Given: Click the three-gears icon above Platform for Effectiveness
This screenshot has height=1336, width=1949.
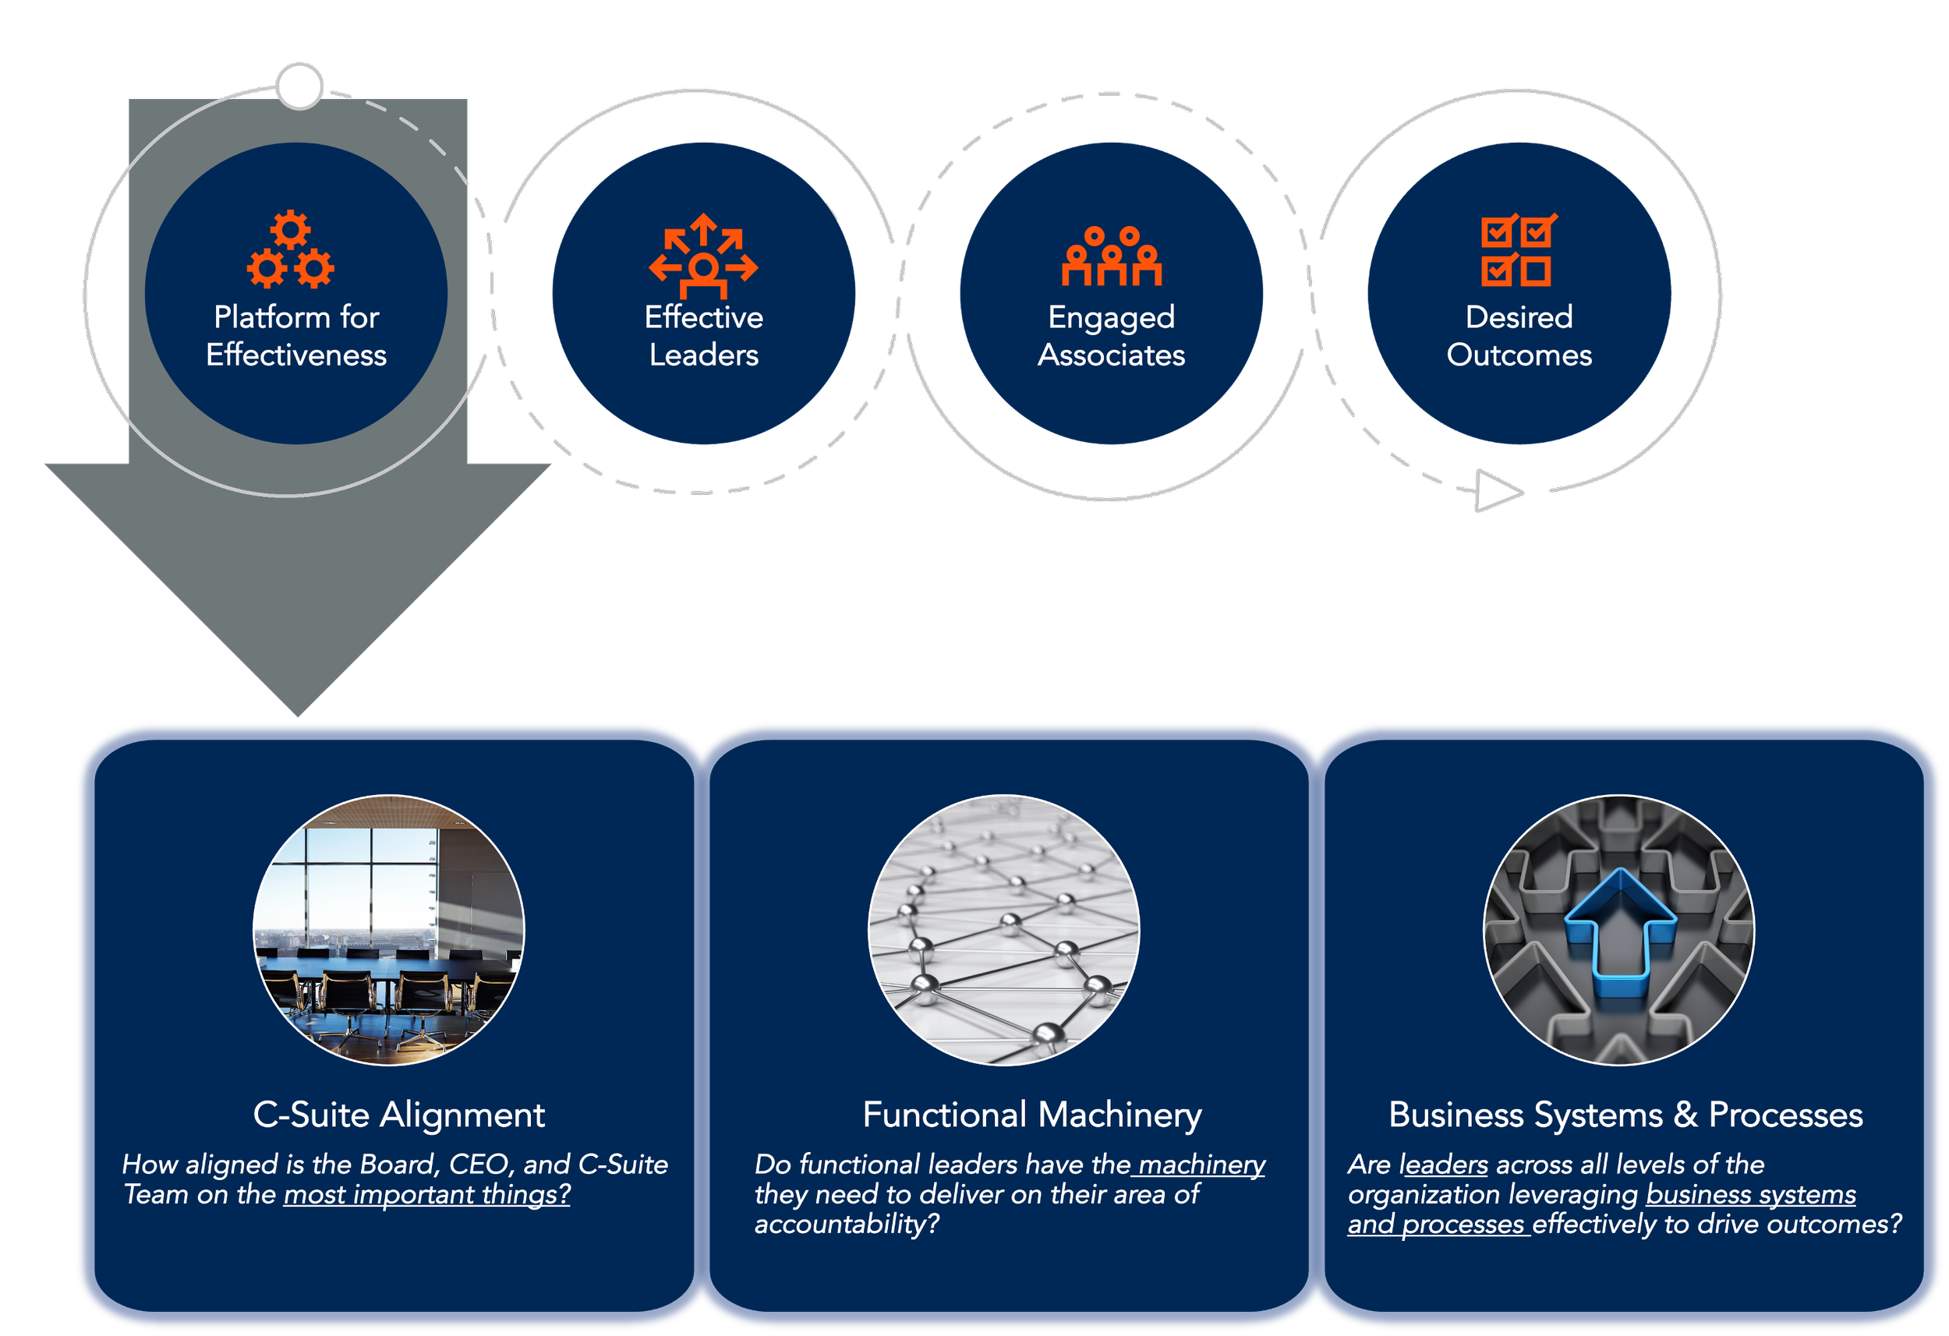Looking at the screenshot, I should pyautogui.click(x=290, y=251).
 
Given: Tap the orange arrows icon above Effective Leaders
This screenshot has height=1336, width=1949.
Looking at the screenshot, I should pyautogui.click(x=704, y=256).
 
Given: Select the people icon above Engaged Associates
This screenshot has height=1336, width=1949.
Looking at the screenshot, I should pyautogui.click(x=1111, y=256).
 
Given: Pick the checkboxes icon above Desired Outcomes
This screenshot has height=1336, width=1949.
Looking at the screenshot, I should pyautogui.click(x=1519, y=251).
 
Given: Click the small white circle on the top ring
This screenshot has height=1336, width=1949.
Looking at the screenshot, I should pyautogui.click(x=299, y=86).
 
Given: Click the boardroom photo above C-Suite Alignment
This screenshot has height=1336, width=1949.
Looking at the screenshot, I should pyautogui.click(x=389, y=930).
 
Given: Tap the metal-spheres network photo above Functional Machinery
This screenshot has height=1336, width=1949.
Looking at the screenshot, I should pyautogui.click(x=1004, y=930).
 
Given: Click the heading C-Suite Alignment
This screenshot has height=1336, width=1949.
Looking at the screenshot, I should pyautogui.click(x=399, y=1115).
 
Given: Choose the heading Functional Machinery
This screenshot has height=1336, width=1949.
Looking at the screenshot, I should pyautogui.click(x=1032, y=1115).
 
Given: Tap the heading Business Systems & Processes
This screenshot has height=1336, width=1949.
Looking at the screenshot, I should pyautogui.click(x=1625, y=1115).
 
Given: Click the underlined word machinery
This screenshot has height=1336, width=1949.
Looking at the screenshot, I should pyautogui.click(x=1201, y=1165).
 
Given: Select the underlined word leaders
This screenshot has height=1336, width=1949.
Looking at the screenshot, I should pyautogui.click(x=1443, y=1165).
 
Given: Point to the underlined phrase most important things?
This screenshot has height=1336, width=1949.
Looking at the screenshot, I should pyautogui.click(x=427, y=1194).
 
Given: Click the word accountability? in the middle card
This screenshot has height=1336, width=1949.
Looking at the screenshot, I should pyautogui.click(x=847, y=1225).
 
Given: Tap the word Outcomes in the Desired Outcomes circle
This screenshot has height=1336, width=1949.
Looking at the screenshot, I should pyautogui.click(x=1519, y=355).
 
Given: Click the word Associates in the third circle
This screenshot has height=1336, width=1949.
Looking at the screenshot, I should pyautogui.click(x=1111, y=355).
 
